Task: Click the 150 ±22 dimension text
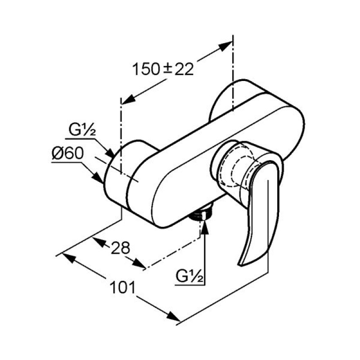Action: [163, 69]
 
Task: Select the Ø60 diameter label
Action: [67, 153]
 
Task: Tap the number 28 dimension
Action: [120, 248]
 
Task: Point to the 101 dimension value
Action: [123, 288]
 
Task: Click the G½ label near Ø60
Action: [82, 130]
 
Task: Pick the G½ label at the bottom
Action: [189, 277]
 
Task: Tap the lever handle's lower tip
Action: [240, 265]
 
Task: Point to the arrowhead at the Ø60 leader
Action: [98, 178]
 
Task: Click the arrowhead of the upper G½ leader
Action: [110, 153]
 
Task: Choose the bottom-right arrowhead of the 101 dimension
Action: [174, 317]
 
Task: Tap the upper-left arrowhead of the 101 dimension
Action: [69, 257]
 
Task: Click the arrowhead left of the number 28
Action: [99, 242]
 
